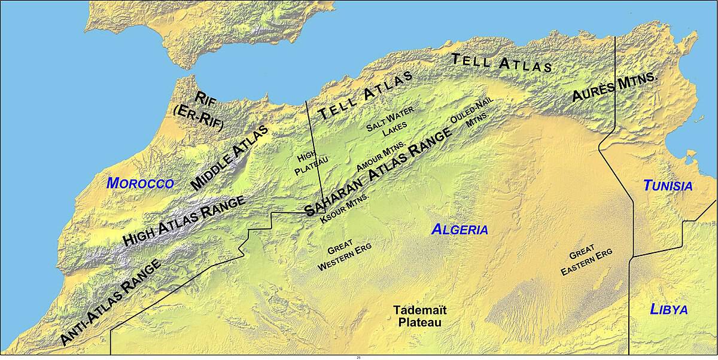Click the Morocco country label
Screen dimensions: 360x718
tap(140, 184)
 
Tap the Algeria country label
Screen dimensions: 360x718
tap(460, 230)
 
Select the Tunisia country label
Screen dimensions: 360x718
tap(668, 186)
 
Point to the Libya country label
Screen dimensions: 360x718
tap(669, 309)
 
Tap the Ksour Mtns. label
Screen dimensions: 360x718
tap(345, 206)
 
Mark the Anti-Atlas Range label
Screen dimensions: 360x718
tap(111, 303)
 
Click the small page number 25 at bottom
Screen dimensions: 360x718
tap(358, 358)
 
